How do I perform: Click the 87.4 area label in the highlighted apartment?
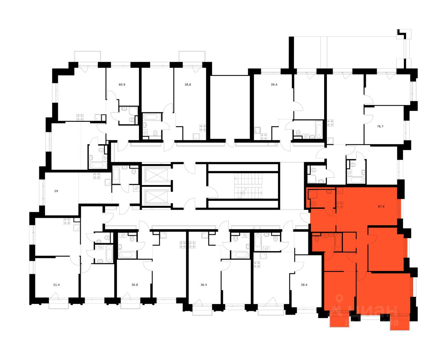[381, 206]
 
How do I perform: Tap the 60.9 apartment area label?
[122, 85]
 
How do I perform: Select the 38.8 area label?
[188, 85]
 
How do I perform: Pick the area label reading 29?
[56, 191]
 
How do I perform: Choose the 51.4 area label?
[56, 285]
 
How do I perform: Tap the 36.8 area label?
[134, 285]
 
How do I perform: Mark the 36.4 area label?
[204, 285]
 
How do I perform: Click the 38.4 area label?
[304, 285]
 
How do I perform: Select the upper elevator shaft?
[156, 175]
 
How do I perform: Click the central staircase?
[243, 186]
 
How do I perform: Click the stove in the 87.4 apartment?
[339, 205]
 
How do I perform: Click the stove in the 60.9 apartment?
[81, 117]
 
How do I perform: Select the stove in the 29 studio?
[97, 176]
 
